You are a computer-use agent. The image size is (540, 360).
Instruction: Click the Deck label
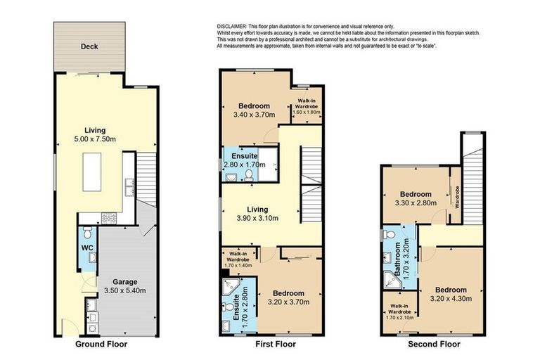89,47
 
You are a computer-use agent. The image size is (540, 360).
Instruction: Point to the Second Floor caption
434,345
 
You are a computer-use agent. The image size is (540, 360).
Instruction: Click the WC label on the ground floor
87,247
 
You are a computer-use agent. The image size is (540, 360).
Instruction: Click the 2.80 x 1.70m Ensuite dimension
244,165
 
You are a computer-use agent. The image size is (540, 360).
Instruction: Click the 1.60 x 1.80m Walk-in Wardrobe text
307,112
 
